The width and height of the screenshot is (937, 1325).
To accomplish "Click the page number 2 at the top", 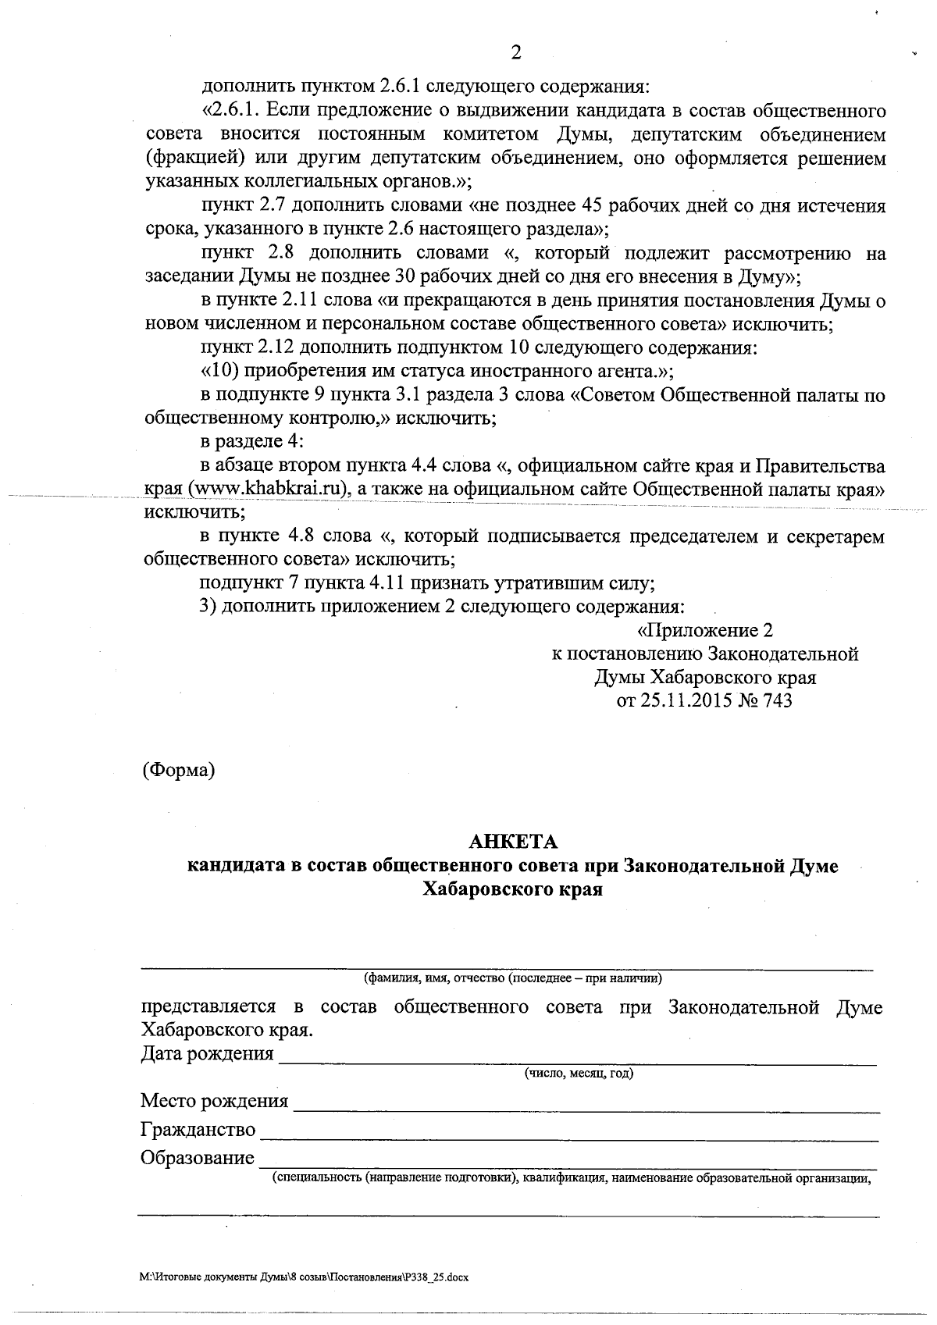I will pos(515,53).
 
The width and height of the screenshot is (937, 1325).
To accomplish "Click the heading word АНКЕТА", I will pos(512,842).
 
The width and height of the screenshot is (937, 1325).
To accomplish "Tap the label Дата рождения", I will pos(207,1054).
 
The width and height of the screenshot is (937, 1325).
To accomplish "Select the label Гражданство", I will pos(198,1130).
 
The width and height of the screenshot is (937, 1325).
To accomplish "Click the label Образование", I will pos(198,1158).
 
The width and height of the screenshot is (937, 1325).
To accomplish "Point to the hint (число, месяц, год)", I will pos(579,1074).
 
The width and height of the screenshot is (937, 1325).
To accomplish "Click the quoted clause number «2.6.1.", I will pos(226,110).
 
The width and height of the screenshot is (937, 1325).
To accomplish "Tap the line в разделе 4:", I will pos(251,442).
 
